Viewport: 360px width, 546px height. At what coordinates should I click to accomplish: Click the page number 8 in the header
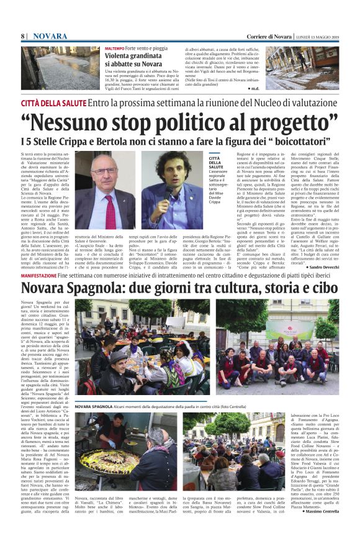(x=23, y=37)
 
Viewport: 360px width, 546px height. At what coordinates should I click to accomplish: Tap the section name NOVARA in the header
(x=50, y=37)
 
